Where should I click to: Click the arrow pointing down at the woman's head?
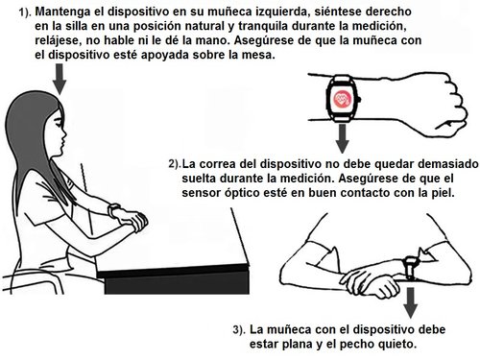coord(60,79)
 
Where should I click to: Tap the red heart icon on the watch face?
coord(341,98)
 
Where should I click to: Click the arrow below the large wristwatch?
coord(343,139)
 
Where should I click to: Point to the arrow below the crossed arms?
coord(411,302)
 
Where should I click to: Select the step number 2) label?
coord(175,164)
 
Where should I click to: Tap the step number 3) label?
coord(240,330)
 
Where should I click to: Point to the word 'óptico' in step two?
coord(244,193)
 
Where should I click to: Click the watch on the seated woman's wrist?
coord(113,210)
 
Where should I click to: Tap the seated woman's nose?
coord(64,132)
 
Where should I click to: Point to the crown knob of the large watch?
coord(359,100)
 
